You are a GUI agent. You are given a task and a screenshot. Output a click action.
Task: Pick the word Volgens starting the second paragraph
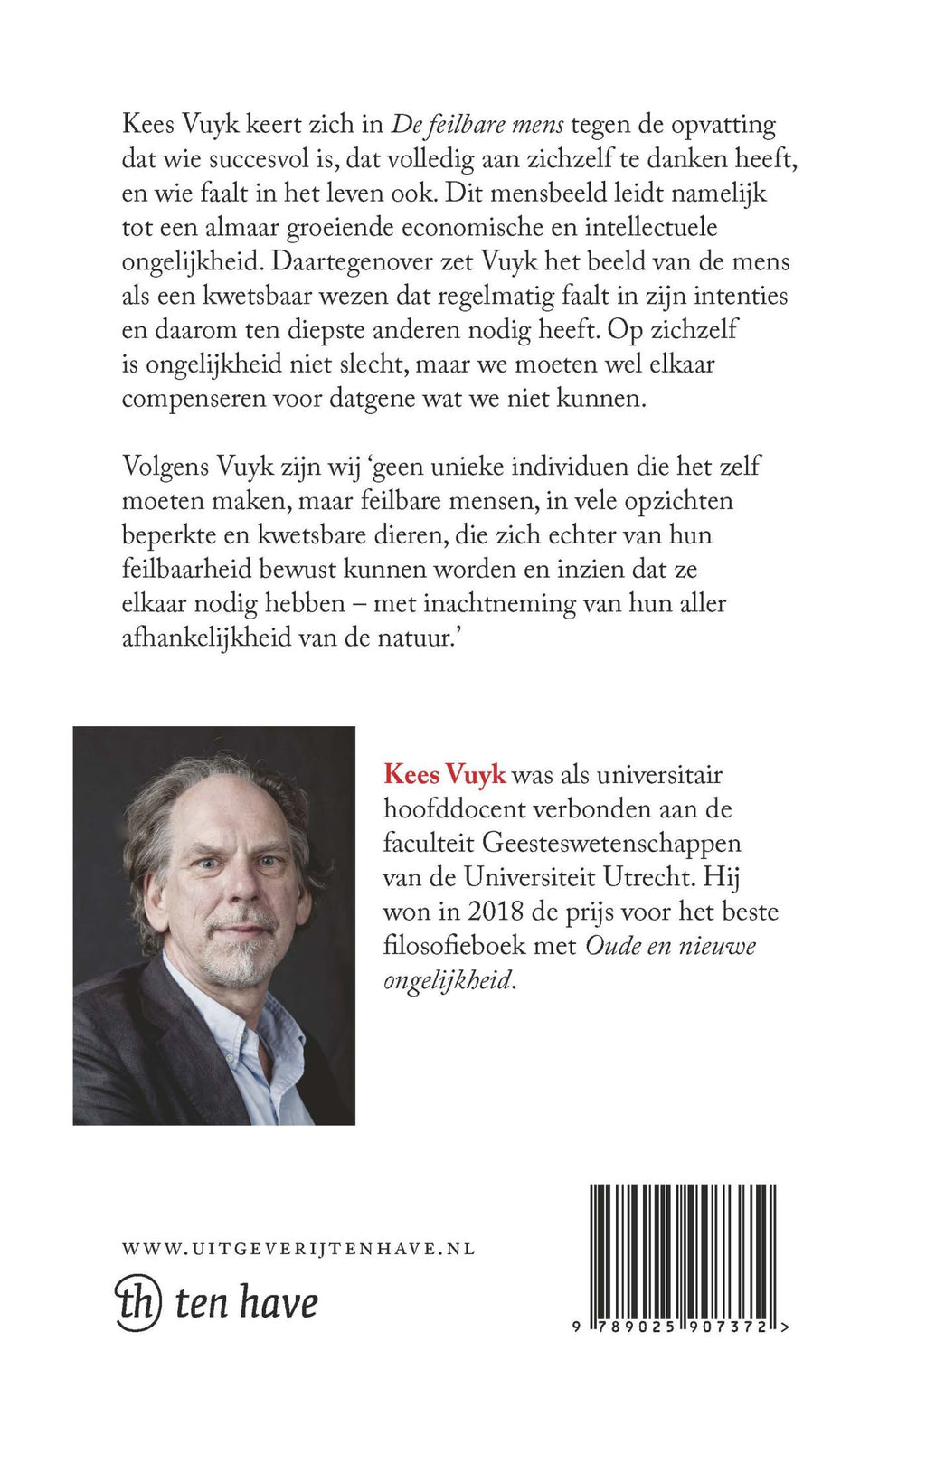(165, 468)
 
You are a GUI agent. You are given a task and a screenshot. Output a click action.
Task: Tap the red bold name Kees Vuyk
(444, 775)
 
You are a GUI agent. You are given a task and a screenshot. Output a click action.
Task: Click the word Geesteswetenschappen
(611, 843)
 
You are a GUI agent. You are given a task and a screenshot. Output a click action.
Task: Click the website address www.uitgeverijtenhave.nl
(298, 1249)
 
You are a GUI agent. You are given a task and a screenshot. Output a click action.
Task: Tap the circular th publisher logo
(138, 1303)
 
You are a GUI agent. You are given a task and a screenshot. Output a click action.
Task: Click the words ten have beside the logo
(246, 1303)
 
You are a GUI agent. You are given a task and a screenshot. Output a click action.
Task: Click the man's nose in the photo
(237, 886)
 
